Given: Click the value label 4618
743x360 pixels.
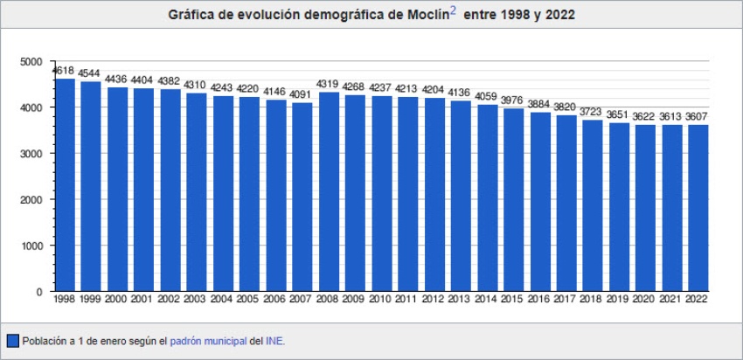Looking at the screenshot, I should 63,71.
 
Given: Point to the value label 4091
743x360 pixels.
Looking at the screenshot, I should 302,95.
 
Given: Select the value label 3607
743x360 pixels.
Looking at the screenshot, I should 698,117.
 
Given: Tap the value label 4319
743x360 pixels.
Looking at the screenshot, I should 328,85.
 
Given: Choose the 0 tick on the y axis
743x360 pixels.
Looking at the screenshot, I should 38,292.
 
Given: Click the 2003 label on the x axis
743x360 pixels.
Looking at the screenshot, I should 196,299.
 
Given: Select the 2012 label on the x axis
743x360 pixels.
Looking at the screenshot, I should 434,299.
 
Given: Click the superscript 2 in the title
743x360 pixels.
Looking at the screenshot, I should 453,11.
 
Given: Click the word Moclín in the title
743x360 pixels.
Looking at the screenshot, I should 426,16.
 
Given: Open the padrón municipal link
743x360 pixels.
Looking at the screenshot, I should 208,341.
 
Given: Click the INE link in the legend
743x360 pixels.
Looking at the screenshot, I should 274,341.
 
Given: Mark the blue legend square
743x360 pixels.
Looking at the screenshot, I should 13,341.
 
